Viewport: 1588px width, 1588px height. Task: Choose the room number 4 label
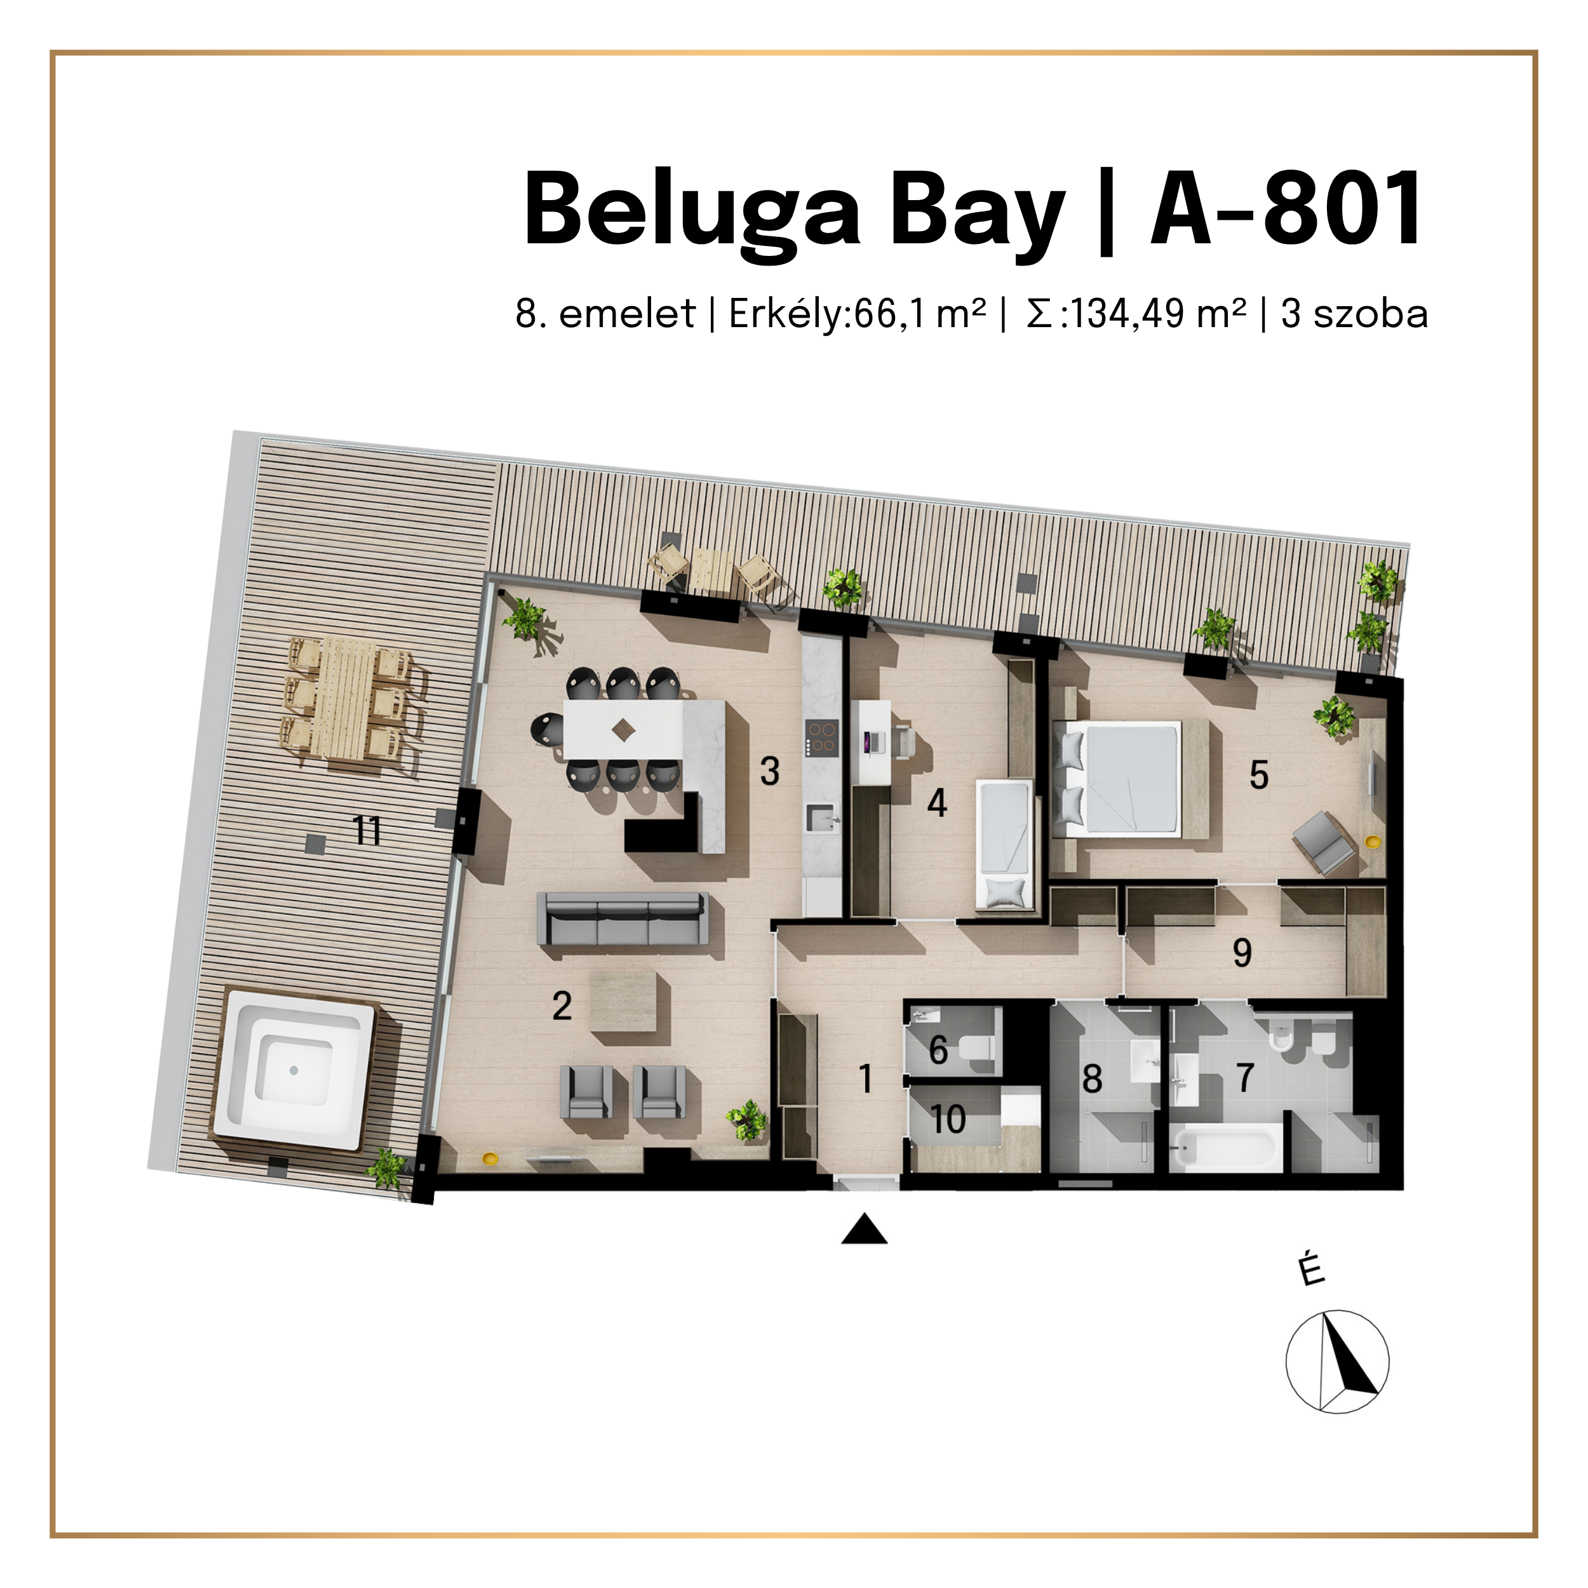[x=937, y=802]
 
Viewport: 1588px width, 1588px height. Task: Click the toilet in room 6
[x=978, y=1049]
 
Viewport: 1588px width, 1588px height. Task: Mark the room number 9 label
[x=1242, y=953]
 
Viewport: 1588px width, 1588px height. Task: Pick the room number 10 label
[x=948, y=1119]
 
